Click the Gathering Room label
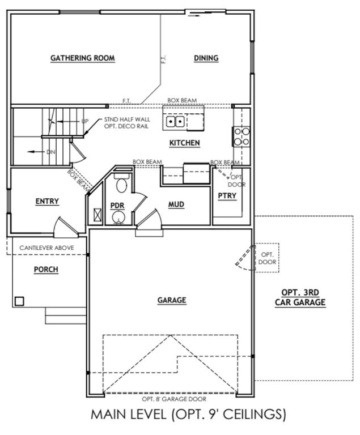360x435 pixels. pyautogui.click(x=83, y=58)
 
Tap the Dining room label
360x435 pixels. pyautogui.click(x=206, y=58)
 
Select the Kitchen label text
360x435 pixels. pyautogui.click(x=184, y=143)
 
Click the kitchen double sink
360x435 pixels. pyautogui.click(x=175, y=121)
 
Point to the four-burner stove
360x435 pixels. pyautogui.click(x=242, y=135)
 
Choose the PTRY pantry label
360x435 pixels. pyautogui.click(x=227, y=196)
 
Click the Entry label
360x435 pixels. pyautogui.click(x=47, y=201)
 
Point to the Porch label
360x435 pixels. pyautogui.click(x=46, y=269)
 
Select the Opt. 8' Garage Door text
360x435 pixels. pyautogui.click(x=170, y=399)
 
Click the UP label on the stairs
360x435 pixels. pyautogui.click(x=85, y=121)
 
